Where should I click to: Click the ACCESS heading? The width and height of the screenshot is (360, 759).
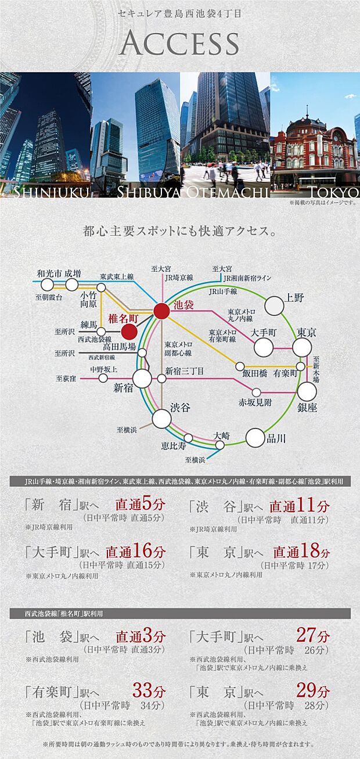pos(180,44)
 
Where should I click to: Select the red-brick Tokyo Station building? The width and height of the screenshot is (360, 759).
pos(314,148)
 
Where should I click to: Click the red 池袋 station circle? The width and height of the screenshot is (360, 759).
pos(161,311)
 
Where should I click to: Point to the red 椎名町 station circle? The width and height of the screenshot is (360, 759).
pos(129,331)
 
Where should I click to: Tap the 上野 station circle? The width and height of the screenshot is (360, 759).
pos(275,305)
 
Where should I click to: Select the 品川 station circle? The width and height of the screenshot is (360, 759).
pos(255,437)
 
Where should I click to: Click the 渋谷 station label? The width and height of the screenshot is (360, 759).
pos(180,408)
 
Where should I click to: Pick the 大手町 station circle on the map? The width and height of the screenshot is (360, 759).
pos(264,347)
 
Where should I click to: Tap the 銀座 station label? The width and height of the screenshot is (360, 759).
pos(308,408)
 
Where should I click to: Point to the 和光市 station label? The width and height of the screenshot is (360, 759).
pos(49,273)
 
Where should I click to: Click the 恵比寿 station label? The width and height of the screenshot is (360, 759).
pos(174,446)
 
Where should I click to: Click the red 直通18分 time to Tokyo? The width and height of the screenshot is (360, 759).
pos(301,551)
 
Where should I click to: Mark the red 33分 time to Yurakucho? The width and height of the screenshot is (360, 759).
pos(149,691)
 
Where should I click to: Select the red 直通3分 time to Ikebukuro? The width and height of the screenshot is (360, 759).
pos(141,636)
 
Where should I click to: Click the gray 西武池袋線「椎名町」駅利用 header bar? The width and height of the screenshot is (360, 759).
pos(180,613)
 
